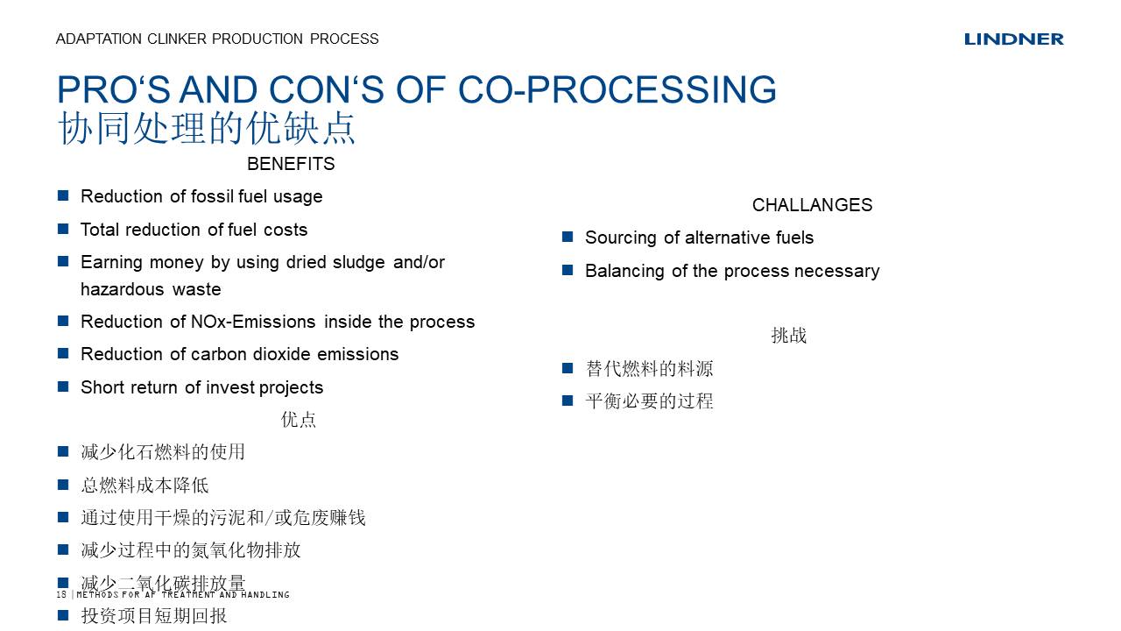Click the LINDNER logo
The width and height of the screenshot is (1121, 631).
(1013, 39)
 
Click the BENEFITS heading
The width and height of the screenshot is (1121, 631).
(291, 164)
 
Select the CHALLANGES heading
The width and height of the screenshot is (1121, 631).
(812, 205)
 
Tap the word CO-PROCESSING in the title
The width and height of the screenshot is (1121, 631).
(617, 89)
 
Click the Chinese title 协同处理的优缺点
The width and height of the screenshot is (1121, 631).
(206, 128)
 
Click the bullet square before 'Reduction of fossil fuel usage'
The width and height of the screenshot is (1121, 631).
(63, 195)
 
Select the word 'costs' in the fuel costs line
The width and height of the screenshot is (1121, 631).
(286, 230)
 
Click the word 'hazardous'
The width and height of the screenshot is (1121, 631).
(122, 289)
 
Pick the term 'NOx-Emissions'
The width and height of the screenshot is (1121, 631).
(253, 322)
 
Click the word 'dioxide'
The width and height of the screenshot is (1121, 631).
(282, 354)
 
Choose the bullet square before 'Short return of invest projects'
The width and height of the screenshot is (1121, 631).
(63, 386)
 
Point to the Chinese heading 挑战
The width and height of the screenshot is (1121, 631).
(789, 336)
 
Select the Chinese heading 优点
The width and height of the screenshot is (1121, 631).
(299, 420)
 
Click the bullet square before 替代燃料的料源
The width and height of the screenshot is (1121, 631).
(568, 368)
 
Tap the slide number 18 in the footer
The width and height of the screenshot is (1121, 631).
(61, 594)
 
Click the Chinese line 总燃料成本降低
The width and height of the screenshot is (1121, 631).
(145, 485)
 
